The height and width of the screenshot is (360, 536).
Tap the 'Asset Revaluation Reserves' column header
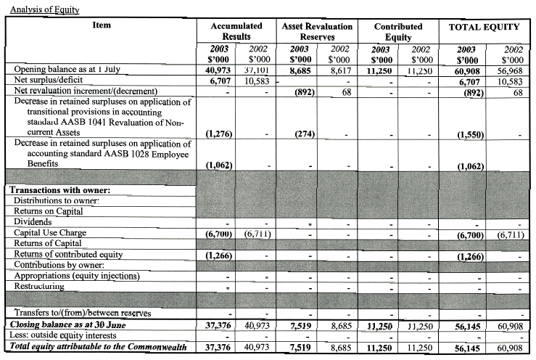pos(316,31)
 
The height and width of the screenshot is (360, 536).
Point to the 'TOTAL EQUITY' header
pos(484,27)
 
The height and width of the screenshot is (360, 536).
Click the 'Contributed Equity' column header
pos(398,31)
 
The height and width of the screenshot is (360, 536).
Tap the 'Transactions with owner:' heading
pos(56,189)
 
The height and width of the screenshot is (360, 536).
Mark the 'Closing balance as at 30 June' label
pos(69,324)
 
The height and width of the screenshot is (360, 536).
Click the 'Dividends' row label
pos(32,221)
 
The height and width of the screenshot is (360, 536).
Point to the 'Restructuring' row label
pos(44,286)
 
